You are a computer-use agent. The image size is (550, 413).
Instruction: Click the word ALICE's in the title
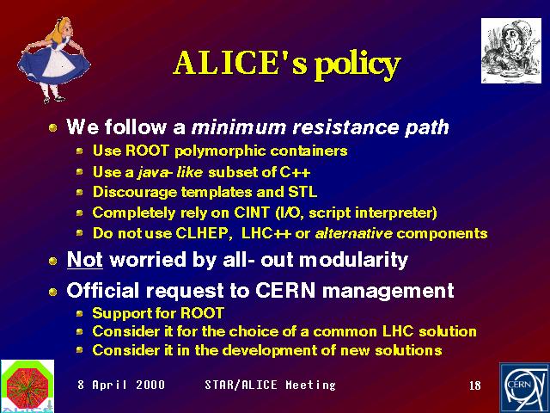point(240,63)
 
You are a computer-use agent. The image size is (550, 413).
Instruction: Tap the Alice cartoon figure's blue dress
point(53,65)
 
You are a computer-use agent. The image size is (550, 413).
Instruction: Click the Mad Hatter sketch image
point(511,51)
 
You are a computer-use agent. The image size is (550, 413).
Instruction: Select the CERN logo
point(524,388)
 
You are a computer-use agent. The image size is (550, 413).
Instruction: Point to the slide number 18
point(475,385)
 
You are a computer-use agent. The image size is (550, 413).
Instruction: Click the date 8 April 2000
point(121,385)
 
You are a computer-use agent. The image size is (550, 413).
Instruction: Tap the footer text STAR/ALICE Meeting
point(270,385)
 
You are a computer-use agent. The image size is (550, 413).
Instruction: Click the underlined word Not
point(85,260)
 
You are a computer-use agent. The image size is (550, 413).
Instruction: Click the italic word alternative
point(353,233)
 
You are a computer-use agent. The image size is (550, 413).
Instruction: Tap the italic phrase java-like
point(170,172)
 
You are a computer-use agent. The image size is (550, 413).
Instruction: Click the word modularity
point(353,261)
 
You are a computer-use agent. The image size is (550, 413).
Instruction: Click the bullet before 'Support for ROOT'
point(80,313)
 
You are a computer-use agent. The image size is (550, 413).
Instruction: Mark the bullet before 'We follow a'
point(53,127)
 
